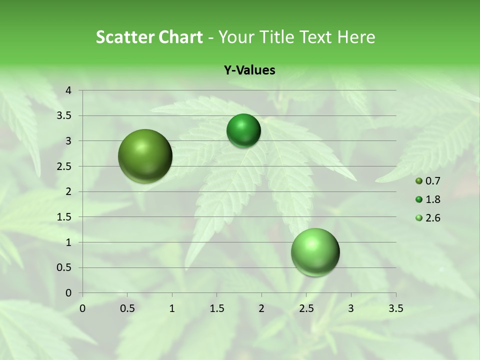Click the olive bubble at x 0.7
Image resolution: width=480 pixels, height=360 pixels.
click(x=145, y=156)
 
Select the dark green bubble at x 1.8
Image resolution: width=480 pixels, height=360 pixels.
click(x=243, y=130)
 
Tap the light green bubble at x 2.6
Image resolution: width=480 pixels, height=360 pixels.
click(x=315, y=252)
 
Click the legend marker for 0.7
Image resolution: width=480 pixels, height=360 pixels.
click(x=419, y=181)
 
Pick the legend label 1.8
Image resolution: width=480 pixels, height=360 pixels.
click(x=433, y=199)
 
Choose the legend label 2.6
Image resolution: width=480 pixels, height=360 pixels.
click(x=433, y=218)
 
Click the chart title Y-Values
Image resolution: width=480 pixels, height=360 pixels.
click(x=249, y=70)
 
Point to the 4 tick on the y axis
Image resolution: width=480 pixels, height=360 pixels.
click(x=68, y=90)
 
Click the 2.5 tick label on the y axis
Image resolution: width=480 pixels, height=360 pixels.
click(x=64, y=166)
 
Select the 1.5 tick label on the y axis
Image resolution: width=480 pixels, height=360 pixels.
click(x=64, y=217)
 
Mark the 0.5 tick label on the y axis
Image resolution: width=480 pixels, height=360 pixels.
click(x=64, y=267)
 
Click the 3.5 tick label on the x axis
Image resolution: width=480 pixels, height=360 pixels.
click(x=395, y=308)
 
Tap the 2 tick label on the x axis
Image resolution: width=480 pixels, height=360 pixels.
click(x=261, y=308)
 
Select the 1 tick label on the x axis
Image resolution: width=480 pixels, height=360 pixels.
click(x=172, y=308)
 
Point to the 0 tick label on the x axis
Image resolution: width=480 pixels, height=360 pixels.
click(x=82, y=308)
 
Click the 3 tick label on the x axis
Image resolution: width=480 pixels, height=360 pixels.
click(x=351, y=308)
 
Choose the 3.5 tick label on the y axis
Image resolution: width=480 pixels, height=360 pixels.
click(x=64, y=116)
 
